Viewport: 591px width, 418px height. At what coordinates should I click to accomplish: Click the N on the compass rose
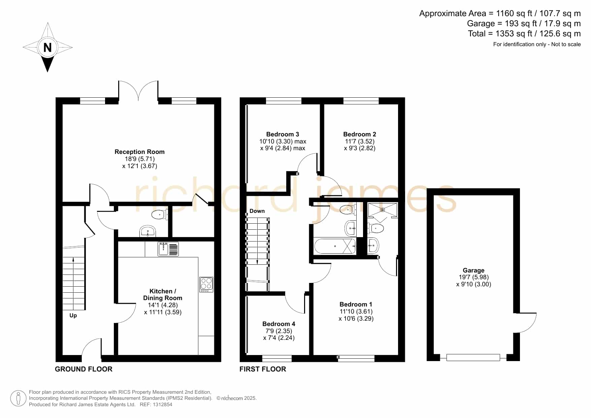point(47,47)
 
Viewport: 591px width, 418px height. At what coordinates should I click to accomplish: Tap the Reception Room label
point(139,152)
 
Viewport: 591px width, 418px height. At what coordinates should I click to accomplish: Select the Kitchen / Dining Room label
point(163,295)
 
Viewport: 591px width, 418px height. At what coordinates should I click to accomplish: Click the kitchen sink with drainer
point(168,249)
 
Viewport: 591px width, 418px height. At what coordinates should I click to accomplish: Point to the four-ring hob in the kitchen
point(206,284)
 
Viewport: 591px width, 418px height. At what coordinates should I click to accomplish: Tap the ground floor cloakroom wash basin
point(147,231)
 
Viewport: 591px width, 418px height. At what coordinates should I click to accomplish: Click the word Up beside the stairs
point(73,316)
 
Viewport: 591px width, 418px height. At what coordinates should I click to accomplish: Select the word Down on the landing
point(257,211)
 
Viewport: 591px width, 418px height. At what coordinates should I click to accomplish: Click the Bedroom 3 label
point(283,134)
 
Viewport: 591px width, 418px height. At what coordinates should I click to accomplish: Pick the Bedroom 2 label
point(360,134)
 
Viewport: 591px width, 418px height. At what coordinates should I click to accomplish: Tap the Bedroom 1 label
point(356,304)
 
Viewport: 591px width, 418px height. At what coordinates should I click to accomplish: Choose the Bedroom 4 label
point(279,324)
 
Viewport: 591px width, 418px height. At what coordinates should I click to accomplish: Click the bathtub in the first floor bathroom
point(335,246)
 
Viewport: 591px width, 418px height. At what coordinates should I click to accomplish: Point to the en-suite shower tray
point(383,210)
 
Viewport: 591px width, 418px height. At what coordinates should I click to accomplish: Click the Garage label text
point(473,270)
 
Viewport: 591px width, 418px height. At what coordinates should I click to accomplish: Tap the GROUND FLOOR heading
point(84,369)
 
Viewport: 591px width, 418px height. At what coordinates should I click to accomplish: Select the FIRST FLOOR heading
point(263,369)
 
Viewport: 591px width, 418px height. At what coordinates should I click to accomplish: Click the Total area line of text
point(524,34)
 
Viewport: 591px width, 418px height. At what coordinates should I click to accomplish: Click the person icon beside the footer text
point(18,398)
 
